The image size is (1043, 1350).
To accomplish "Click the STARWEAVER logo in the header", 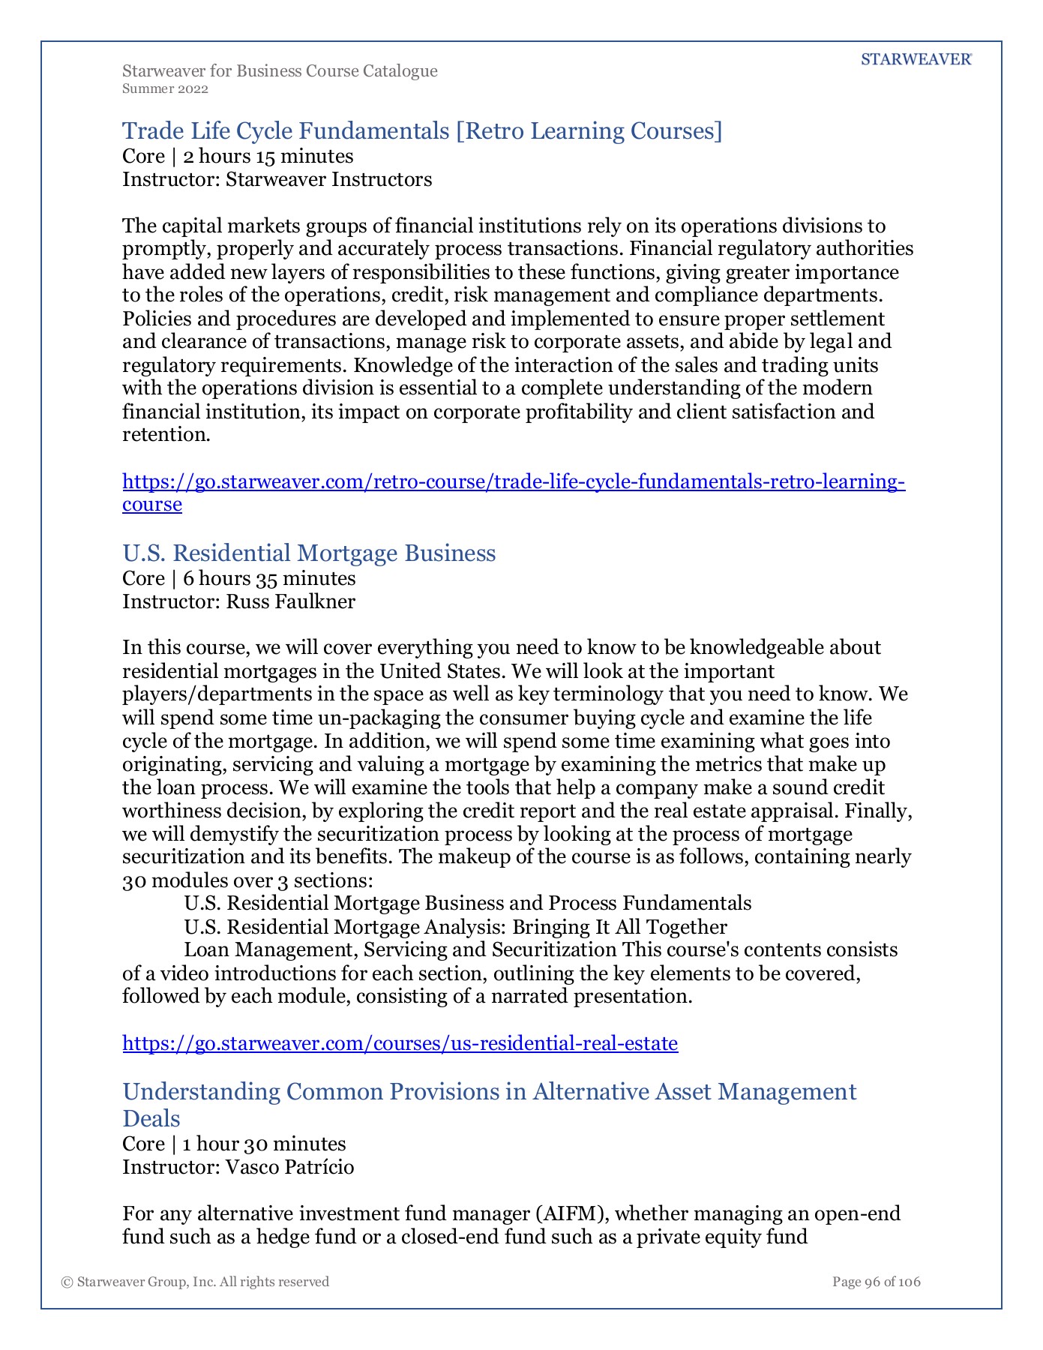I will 916,60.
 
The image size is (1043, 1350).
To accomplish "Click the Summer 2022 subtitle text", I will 165,89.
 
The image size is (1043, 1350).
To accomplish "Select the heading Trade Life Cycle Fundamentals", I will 421,131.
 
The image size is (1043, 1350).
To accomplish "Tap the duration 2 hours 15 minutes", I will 268,156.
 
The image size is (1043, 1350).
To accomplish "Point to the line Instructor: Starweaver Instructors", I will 277,180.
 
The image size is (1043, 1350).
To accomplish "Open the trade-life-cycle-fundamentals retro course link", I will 513,481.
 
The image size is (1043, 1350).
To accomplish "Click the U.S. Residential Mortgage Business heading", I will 309,553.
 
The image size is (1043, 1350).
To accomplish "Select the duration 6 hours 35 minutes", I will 269,578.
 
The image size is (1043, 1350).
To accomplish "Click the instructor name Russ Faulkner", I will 290,601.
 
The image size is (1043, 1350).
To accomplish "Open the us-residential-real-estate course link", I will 400,1043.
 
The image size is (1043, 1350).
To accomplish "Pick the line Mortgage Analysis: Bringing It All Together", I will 455,927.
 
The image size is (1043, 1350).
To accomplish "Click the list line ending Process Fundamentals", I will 467,904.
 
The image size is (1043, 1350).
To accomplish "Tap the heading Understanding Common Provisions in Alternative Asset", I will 489,1091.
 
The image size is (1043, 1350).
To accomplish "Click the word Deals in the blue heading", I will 151,1119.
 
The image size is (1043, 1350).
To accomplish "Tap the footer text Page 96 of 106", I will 876,1282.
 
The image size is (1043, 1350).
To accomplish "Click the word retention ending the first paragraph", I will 166,435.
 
